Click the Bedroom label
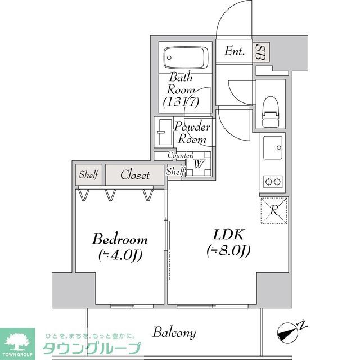pos(120,238)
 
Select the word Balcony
pos(174,332)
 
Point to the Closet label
pos(135,175)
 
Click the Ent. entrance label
pos(235,52)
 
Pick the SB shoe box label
pos(260,52)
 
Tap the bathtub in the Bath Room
pos(185,57)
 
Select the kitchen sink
pos(273,148)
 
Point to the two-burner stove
pos(273,181)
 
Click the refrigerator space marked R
pos(274,210)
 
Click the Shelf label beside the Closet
pos(88,175)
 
